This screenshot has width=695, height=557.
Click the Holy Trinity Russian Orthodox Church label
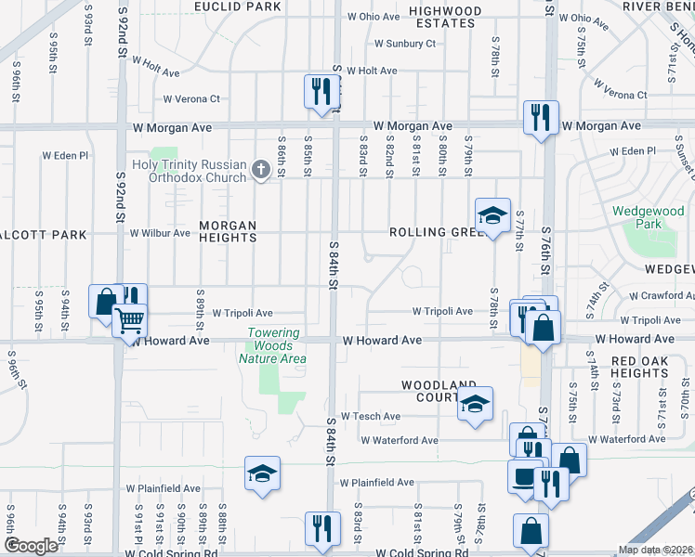190,171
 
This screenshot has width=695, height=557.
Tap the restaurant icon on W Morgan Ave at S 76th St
540,117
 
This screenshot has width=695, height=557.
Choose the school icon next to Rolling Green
492,215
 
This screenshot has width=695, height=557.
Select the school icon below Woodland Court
475,403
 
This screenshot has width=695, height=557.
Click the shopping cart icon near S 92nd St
129,320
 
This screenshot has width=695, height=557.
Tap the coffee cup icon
525,476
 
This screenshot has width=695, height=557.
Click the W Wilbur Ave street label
160,233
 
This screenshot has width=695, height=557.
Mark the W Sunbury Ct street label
404,44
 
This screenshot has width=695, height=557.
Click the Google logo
31,546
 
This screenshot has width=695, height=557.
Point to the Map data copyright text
655,550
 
